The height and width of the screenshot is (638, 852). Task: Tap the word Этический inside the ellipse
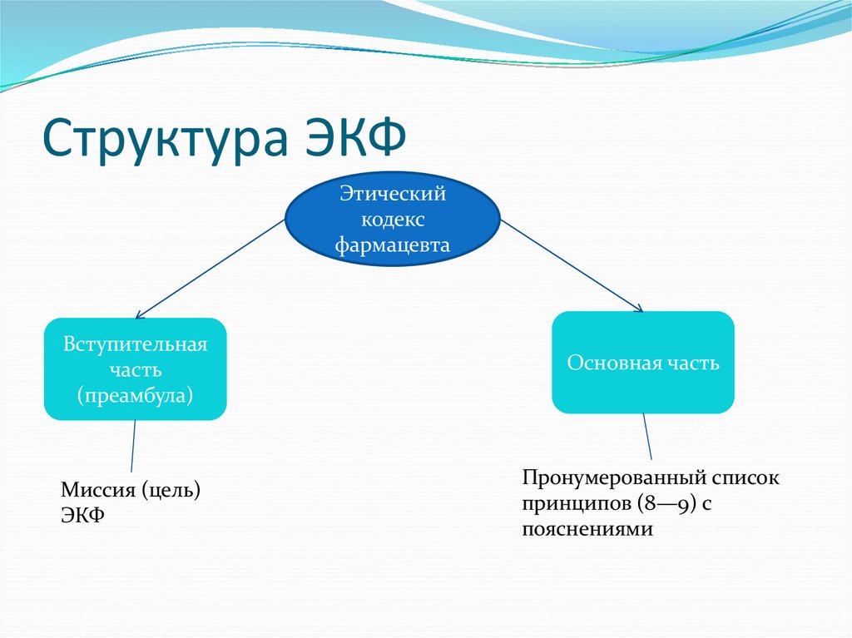coord(393,194)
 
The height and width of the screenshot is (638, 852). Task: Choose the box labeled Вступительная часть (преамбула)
coord(135,368)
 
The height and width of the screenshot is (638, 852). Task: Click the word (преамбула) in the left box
coord(135,394)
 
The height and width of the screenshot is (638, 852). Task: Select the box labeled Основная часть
coord(643,363)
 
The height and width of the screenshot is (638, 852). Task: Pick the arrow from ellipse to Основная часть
coord(572,266)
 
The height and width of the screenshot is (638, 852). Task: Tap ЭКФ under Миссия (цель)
coord(82,515)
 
